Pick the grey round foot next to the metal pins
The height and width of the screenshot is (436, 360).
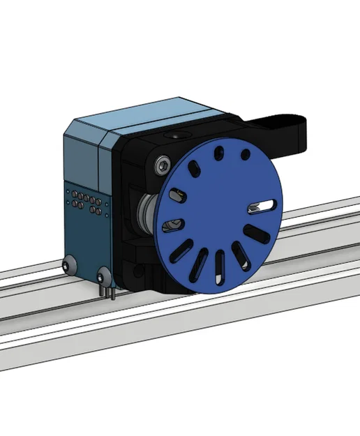point(104,273)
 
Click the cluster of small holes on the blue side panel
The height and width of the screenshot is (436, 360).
point(84,202)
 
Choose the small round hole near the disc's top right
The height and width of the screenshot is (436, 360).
point(244,155)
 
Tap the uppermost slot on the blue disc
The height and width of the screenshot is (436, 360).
point(219,152)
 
